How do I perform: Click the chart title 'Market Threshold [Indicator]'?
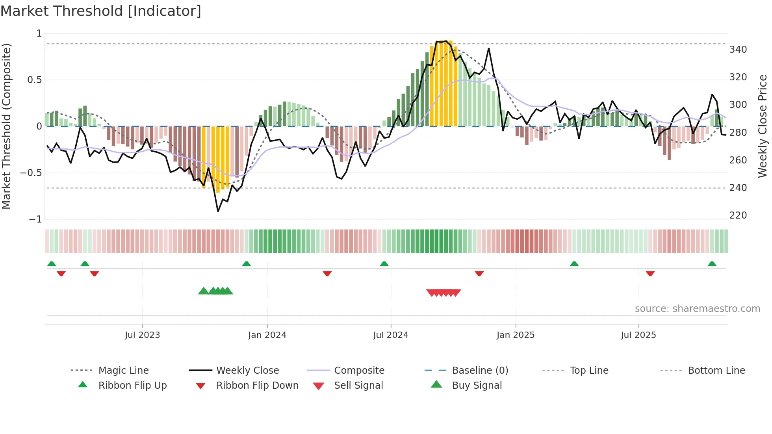coord(101,11)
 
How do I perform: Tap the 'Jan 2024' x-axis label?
coord(267,335)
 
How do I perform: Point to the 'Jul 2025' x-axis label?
coord(638,335)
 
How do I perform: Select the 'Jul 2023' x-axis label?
coord(142,335)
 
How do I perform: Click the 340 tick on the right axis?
coord(738,50)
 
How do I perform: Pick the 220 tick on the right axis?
coord(738,215)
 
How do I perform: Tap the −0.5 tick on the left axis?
coord(31,173)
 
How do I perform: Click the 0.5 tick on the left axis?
coord(34,80)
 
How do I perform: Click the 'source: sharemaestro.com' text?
coord(697,309)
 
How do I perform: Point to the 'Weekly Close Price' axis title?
coord(763,126)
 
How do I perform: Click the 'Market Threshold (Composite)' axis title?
coord(6,126)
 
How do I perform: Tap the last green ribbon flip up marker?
coord(712,264)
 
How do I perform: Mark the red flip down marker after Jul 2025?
coord(650,273)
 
